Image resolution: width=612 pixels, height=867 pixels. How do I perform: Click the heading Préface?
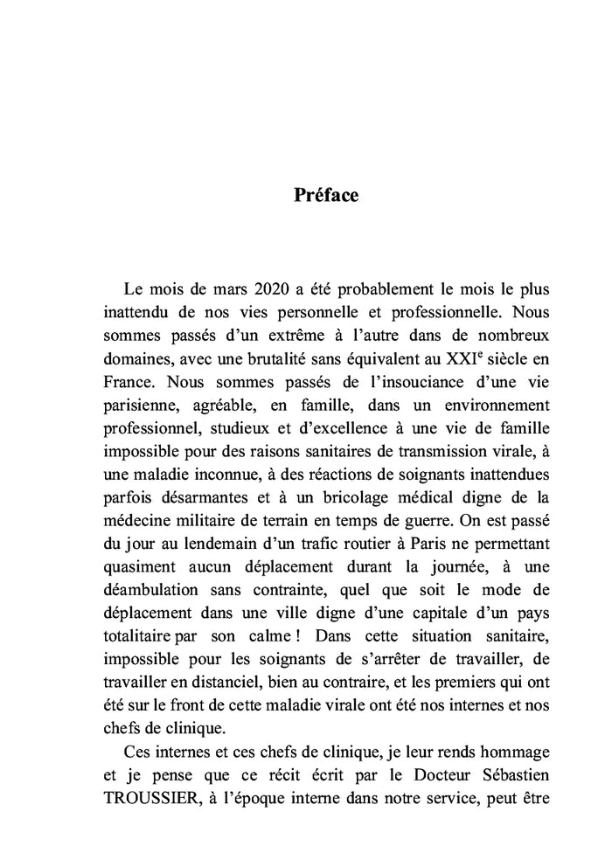pos(325,195)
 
